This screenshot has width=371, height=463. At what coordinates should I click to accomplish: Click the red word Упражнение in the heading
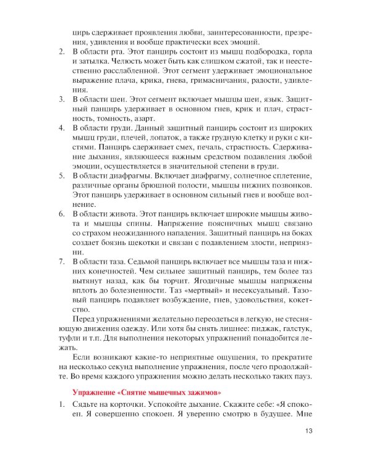click(x=93, y=393)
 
